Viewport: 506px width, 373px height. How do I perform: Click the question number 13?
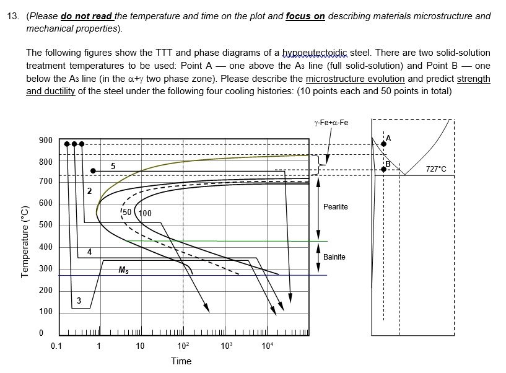point(11,16)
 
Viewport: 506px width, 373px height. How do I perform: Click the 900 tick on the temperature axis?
point(45,140)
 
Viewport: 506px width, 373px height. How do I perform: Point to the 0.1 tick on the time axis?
point(56,346)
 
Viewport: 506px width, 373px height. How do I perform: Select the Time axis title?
point(181,361)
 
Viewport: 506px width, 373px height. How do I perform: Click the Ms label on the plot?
point(124,270)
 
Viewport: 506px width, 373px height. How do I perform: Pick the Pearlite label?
point(335,206)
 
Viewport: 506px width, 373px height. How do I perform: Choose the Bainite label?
point(334,257)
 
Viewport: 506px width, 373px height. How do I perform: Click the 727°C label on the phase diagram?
point(436,169)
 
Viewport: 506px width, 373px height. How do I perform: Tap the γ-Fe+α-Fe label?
point(331,122)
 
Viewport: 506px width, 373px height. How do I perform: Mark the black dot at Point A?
point(383,144)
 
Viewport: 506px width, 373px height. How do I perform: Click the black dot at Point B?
point(383,169)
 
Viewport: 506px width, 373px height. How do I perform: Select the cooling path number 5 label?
point(113,166)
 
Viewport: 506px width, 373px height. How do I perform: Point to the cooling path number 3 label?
point(78,301)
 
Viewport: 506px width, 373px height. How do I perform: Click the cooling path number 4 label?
point(90,252)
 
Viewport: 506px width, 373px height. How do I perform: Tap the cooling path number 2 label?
point(89,191)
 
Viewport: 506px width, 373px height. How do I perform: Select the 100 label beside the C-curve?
point(144,214)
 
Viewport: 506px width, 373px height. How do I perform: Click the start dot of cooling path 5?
point(93,171)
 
